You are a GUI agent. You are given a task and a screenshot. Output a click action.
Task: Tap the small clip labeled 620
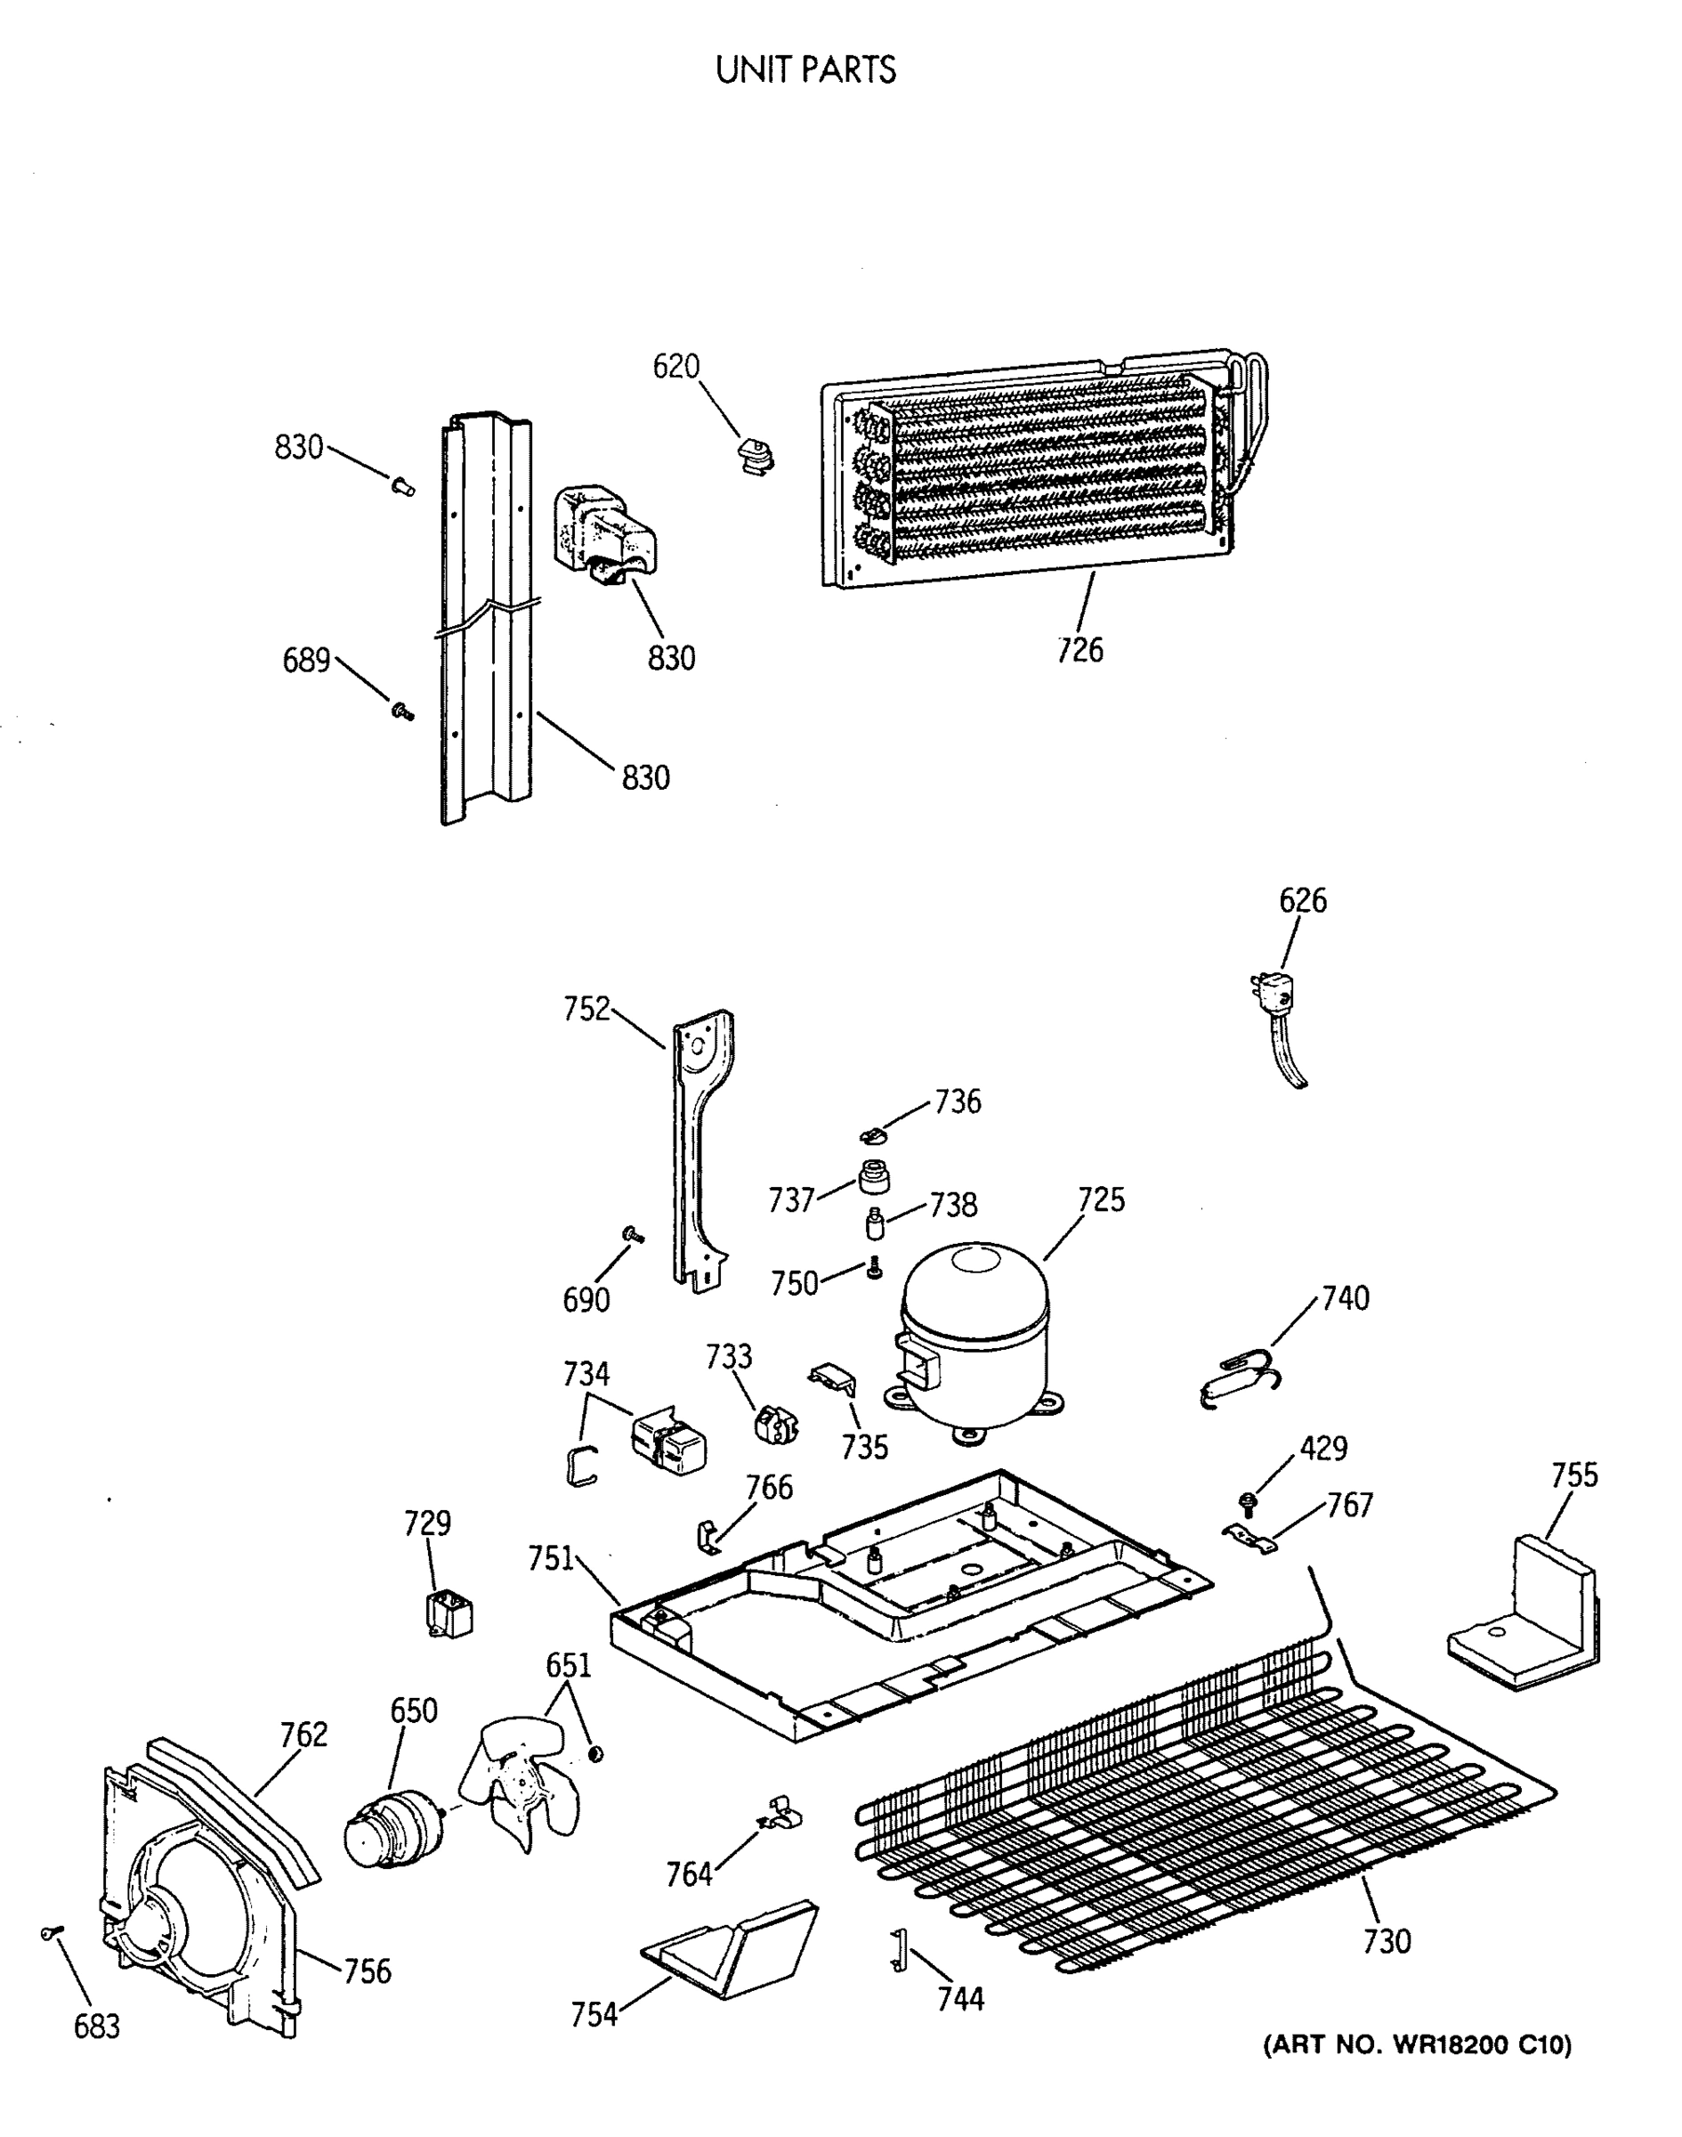756,455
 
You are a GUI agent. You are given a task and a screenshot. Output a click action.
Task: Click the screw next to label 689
401,710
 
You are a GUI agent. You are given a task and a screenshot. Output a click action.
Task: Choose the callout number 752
587,1009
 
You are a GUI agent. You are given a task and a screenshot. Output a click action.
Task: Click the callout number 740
1346,1298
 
